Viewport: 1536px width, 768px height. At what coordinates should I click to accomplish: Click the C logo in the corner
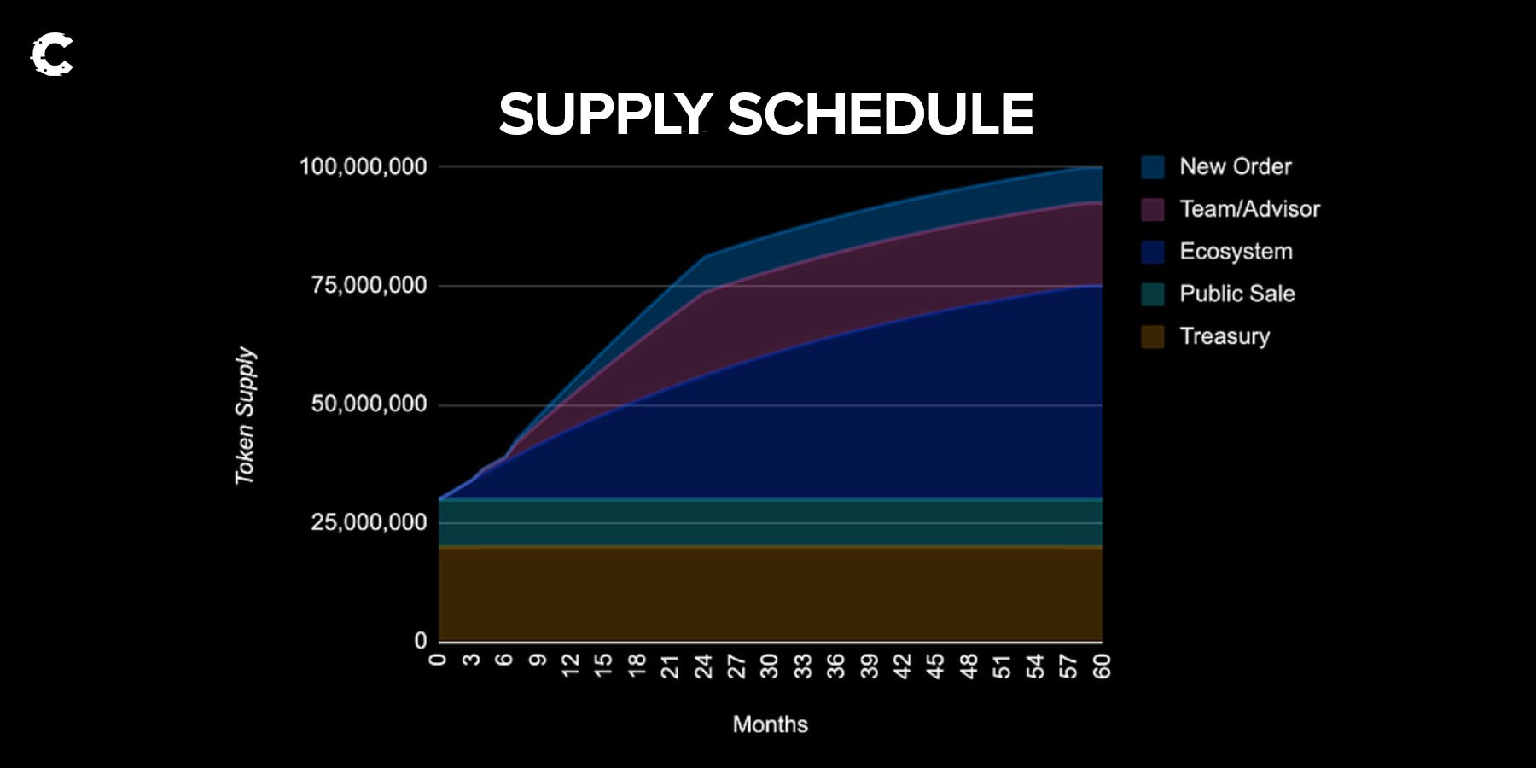pyautogui.click(x=52, y=55)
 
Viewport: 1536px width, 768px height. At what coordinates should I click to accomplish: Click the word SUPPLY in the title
pyautogui.click(x=606, y=114)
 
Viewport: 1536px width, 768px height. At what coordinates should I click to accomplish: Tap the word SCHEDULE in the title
pyautogui.click(x=881, y=113)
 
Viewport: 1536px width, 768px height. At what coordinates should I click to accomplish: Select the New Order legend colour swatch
pyautogui.click(x=1153, y=167)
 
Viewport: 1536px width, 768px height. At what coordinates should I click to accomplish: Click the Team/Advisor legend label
pyautogui.click(x=1249, y=209)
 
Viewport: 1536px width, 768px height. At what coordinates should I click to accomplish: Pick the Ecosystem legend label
pyautogui.click(x=1236, y=252)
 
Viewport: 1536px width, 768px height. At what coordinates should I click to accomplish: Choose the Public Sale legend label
pyautogui.click(x=1237, y=294)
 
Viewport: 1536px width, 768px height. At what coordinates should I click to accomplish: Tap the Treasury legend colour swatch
pyautogui.click(x=1153, y=337)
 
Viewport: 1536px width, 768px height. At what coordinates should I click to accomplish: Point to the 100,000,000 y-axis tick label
pyautogui.click(x=364, y=166)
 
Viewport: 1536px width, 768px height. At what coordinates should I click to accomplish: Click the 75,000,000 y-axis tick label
pyautogui.click(x=369, y=285)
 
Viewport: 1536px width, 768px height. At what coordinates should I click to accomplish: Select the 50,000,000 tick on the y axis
pyautogui.click(x=369, y=404)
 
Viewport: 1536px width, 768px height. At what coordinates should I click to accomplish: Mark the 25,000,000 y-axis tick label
pyautogui.click(x=369, y=522)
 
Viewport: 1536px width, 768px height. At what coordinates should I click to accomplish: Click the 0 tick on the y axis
pyautogui.click(x=421, y=641)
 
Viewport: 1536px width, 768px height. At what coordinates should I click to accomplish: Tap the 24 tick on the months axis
pyautogui.click(x=703, y=666)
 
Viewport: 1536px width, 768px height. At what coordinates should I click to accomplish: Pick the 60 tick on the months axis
pyautogui.click(x=1102, y=666)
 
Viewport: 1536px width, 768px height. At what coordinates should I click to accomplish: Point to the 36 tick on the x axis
pyautogui.click(x=836, y=666)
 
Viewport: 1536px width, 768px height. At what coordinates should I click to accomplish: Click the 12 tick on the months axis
pyautogui.click(x=570, y=666)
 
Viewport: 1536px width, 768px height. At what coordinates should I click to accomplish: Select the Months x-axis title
pyautogui.click(x=771, y=724)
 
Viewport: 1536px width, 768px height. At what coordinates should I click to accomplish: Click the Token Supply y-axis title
pyautogui.click(x=245, y=416)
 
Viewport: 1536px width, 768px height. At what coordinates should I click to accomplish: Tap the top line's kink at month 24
pyautogui.click(x=705, y=256)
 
